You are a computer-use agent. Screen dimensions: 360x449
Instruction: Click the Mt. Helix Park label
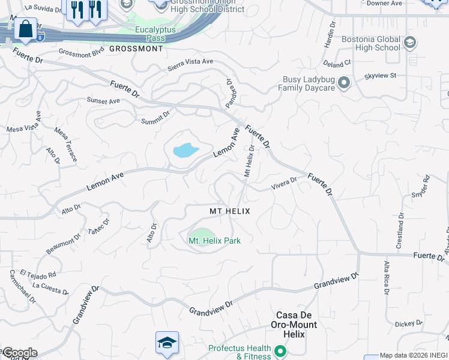(215, 241)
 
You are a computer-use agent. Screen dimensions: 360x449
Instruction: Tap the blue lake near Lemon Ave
(185, 150)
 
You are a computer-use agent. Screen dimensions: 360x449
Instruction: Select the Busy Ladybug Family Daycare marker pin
(344, 83)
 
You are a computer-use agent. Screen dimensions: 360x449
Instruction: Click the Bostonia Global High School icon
(410, 43)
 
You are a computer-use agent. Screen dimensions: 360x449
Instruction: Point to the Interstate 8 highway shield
(40, 38)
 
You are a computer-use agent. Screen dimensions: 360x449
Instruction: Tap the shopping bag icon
(25, 29)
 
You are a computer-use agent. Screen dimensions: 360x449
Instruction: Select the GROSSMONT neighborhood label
(136, 49)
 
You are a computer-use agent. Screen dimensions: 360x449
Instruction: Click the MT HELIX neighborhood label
(229, 212)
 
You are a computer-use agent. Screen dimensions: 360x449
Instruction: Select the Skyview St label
(381, 76)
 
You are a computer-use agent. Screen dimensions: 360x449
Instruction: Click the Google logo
(19, 353)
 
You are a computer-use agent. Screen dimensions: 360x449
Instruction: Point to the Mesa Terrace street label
(65, 144)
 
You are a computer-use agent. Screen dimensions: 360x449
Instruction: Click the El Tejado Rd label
(38, 274)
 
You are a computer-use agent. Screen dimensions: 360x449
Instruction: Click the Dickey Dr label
(409, 324)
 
